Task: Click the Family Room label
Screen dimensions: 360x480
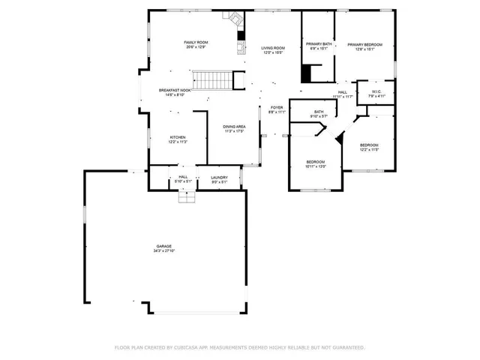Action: click(196, 42)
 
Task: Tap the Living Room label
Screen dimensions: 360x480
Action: click(273, 48)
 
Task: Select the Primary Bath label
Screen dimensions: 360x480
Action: click(317, 45)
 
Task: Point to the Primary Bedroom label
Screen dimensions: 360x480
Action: click(364, 45)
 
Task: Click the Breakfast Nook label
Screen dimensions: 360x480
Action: click(174, 90)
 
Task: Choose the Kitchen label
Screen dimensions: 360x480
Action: click(178, 137)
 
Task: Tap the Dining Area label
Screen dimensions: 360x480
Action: click(234, 127)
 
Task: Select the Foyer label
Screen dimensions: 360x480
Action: click(277, 107)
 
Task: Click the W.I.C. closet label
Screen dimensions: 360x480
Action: click(376, 92)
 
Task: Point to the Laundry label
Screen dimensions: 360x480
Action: click(219, 177)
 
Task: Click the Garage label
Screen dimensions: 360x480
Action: click(164, 247)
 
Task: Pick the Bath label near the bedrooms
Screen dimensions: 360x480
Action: click(319, 112)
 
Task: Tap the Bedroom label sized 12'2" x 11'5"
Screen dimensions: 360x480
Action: click(369, 145)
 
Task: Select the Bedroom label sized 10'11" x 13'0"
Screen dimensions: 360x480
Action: click(316, 162)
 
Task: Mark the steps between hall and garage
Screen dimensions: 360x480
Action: click(186, 196)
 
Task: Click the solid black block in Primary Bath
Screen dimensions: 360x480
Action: click(306, 74)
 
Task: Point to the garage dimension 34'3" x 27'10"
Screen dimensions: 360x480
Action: click(164, 251)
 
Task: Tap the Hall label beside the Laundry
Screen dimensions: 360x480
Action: click(183, 177)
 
